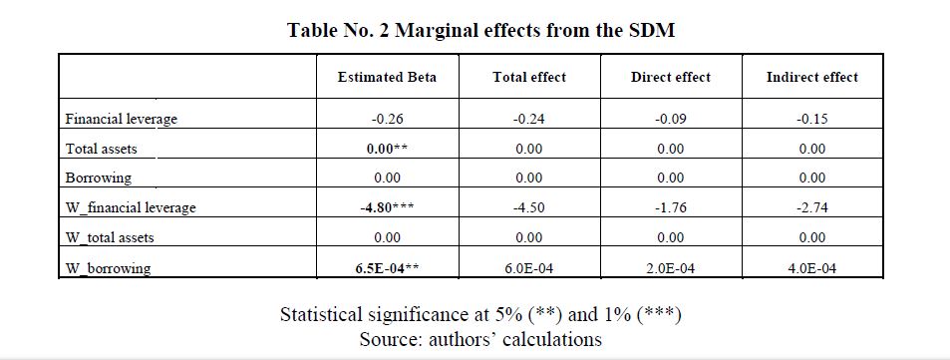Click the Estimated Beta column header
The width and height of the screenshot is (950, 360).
point(387,77)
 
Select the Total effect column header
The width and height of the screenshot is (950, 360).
point(529,77)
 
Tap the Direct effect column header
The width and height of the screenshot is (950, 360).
point(671,77)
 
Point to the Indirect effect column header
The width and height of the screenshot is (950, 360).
point(811,77)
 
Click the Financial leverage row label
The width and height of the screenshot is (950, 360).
point(122,119)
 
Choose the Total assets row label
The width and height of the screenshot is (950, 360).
point(101,149)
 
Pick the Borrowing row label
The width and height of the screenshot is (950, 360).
point(98,179)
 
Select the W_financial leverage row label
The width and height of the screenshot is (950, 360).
point(131,207)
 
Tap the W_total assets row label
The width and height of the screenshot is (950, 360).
point(110,237)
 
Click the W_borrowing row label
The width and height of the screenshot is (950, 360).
point(108,268)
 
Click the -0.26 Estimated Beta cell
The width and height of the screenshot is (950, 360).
point(387,119)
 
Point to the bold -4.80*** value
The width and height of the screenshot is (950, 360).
point(387,207)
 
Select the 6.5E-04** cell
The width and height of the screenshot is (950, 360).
point(387,267)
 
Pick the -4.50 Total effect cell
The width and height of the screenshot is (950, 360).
point(529,207)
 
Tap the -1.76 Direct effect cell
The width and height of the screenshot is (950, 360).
point(671,207)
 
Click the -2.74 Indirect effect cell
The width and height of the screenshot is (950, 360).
point(812,207)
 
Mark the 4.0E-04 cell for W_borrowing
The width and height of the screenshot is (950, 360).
point(812,267)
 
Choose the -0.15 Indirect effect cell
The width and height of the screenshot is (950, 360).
point(812,119)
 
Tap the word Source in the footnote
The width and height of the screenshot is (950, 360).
point(391,338)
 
